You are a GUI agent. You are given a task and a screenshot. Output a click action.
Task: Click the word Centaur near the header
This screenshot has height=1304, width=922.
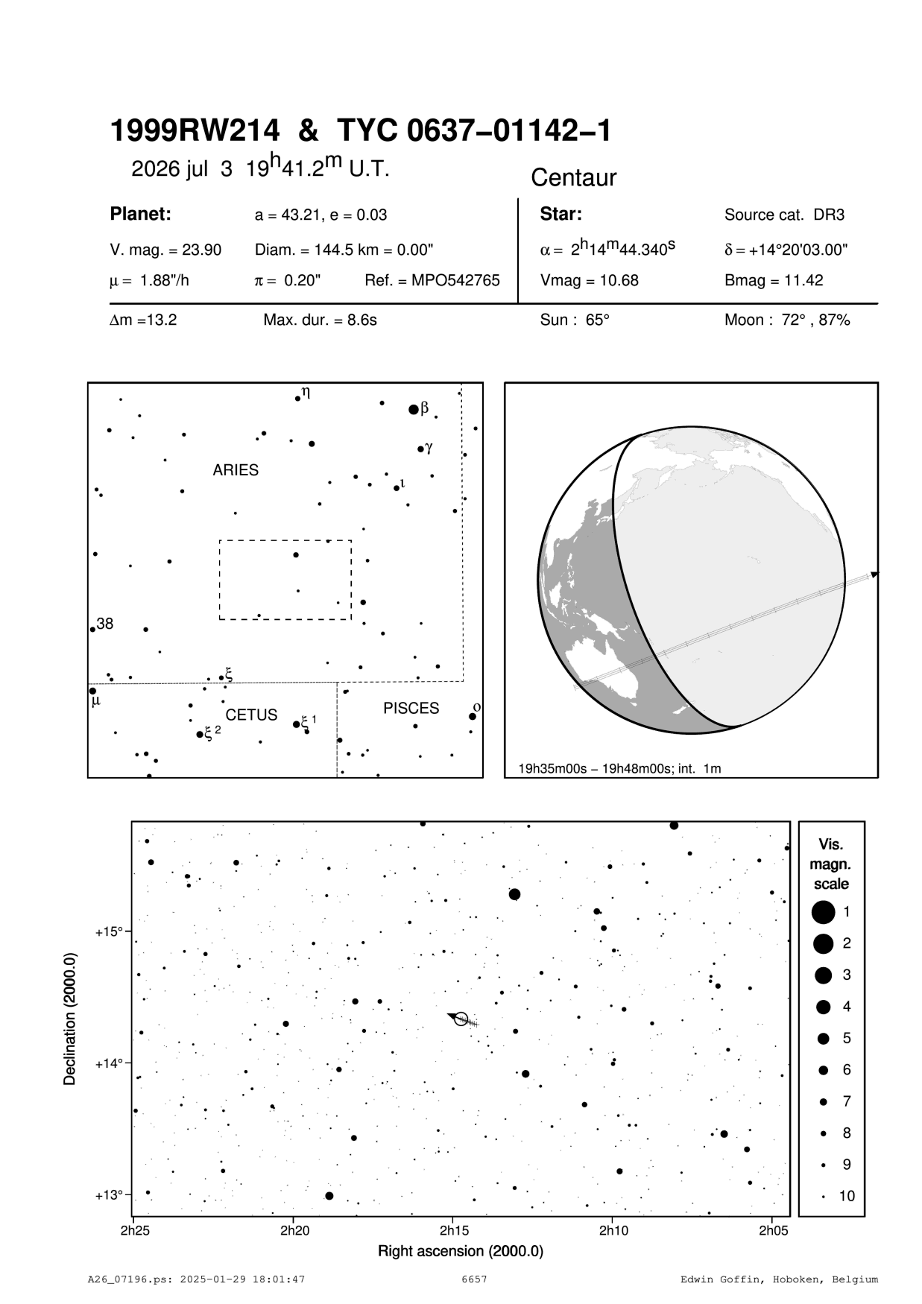[573, 178]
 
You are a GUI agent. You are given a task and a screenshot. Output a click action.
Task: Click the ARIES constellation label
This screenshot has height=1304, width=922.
[236, 470]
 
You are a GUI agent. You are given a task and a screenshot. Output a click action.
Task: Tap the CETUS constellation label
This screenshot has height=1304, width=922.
[251, 715]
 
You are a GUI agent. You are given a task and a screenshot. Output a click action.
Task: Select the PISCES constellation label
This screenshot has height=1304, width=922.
[411, 709]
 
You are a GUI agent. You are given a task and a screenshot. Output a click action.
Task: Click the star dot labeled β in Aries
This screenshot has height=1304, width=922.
[414, 409]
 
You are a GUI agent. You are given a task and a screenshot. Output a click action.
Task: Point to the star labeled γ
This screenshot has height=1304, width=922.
[420, 449]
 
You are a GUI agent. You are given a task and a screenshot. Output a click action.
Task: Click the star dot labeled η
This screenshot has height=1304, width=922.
[297, 399]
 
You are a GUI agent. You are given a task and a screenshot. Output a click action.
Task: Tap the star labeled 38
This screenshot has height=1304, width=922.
[92, 630]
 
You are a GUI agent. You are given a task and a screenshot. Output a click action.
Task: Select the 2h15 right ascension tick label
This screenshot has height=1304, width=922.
[454, 1229]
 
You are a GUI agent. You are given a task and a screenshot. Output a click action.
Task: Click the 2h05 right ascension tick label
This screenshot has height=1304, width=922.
[773, 1229]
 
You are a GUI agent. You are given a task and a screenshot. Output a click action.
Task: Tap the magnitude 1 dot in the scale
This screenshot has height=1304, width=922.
[824, 911]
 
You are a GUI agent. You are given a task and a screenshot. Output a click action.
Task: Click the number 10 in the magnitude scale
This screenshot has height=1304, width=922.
[847, 1196]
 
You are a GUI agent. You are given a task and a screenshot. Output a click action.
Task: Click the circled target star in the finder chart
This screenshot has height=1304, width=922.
[461, 1019]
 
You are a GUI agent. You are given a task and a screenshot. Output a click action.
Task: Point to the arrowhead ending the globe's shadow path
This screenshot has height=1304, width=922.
[875, 574]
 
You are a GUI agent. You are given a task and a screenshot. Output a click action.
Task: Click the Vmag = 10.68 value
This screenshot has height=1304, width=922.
[589, 281]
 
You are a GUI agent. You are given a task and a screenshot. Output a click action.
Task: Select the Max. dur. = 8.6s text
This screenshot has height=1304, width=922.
[320, 320]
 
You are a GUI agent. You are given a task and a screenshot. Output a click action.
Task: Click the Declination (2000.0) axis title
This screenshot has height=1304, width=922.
[71, 1017]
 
